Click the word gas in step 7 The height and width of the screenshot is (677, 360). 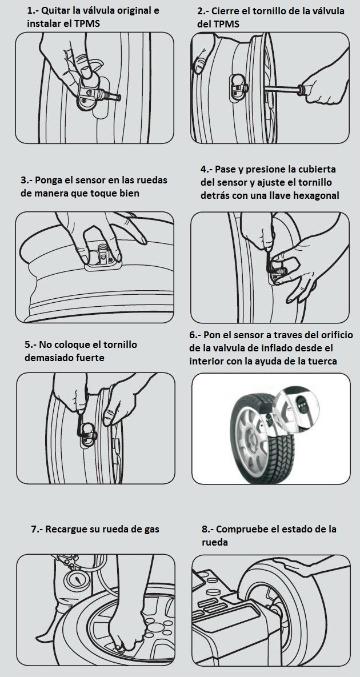[151, 530]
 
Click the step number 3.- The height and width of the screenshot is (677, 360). [26, 180]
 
